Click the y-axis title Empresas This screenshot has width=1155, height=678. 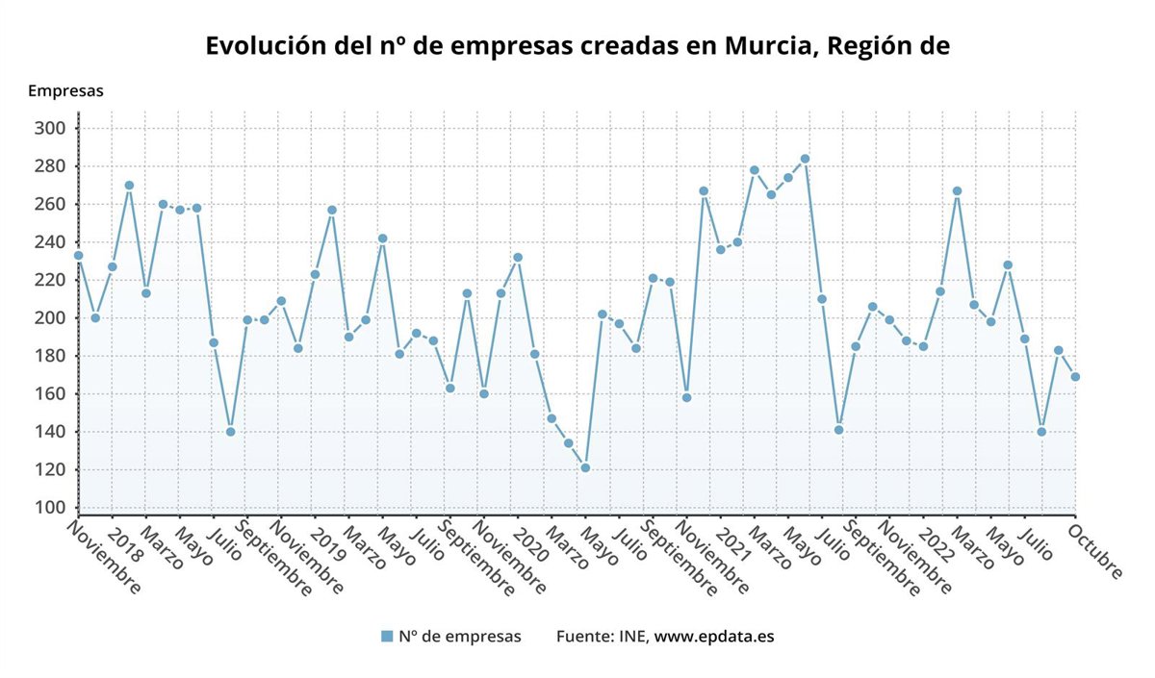(65, 90)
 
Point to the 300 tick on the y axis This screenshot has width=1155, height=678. (50, 128)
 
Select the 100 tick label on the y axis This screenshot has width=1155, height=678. (50, 508)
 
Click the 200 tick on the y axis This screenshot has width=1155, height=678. (50, 318)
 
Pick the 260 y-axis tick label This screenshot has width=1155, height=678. (50, 204)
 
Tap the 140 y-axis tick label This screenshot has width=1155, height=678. (50, 432)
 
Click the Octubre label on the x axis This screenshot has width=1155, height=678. (1097, 550)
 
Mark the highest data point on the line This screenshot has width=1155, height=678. (805, 159)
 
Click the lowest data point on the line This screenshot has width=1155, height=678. (584, 468)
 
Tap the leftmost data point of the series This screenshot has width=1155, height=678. (78, 256)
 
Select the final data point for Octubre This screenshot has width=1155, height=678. (1075, 377)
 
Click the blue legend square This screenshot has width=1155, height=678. (387, 636)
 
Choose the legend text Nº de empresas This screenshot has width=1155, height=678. (459, 636)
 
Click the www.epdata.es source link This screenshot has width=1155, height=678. (714, 636)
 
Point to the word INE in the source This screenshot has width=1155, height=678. (632, 636)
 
